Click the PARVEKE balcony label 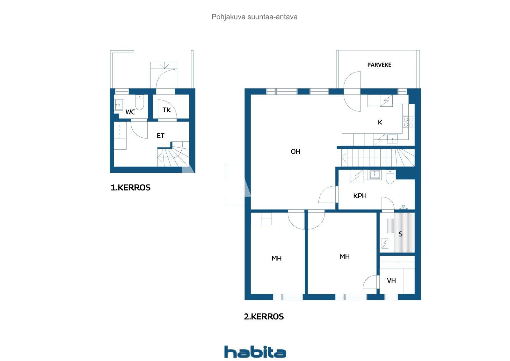[x=379, y=65]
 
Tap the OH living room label [x=295, y=152]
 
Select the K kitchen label [x=380, y=122]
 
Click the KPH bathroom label [x=360, y=196]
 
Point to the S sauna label [x=400, y=234]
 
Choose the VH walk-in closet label [x=391, y=281]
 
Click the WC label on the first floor [x=130, y=112]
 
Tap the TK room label [x=167, y=110]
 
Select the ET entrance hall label [x=160, y=136]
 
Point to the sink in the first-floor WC [x=119, y=105]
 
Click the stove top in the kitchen [x=408, y=122]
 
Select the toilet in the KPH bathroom [x=390, y=177]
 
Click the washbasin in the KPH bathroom [x=375, y=175]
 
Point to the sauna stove [x=385, y=244]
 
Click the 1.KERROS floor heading [x=130, y=188]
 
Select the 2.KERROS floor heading [x=264, y=317]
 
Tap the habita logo [x=255, y=352]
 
